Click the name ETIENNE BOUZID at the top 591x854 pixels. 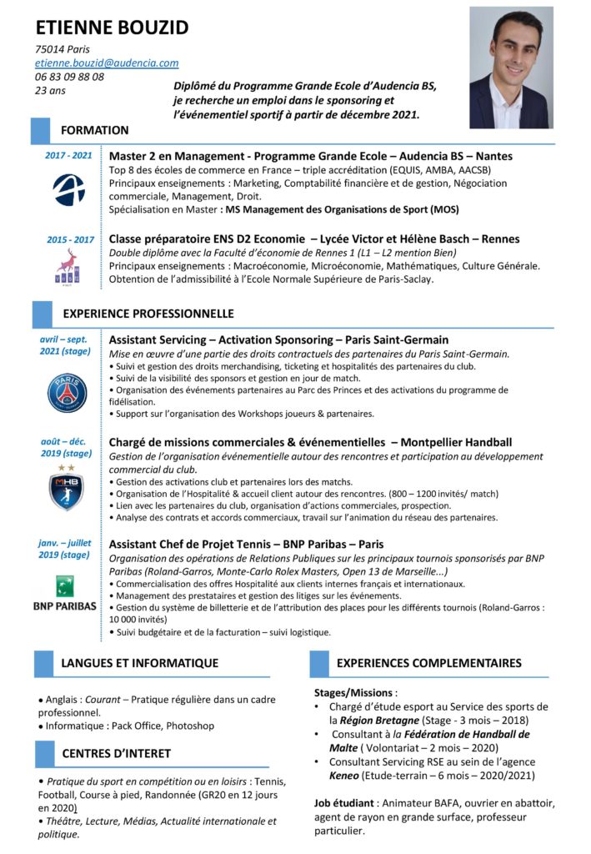[113, 28]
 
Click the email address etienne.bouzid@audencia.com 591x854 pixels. [107, 63]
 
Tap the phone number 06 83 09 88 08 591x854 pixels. [70, 77]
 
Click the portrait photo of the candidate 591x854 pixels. [510, 68]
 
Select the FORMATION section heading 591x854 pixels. [94, 130]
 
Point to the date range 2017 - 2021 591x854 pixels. [68, 156]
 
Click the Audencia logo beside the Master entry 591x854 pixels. [68, 189]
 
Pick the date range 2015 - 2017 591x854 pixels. [69, 240]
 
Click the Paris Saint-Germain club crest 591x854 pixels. [67, 393]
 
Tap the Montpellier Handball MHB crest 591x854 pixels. [66, 490]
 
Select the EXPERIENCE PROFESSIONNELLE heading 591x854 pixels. [148, 314]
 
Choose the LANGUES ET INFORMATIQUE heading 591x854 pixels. [139, 663]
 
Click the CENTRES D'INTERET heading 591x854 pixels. [116, 753]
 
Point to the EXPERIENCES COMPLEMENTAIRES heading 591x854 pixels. [428, 663]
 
